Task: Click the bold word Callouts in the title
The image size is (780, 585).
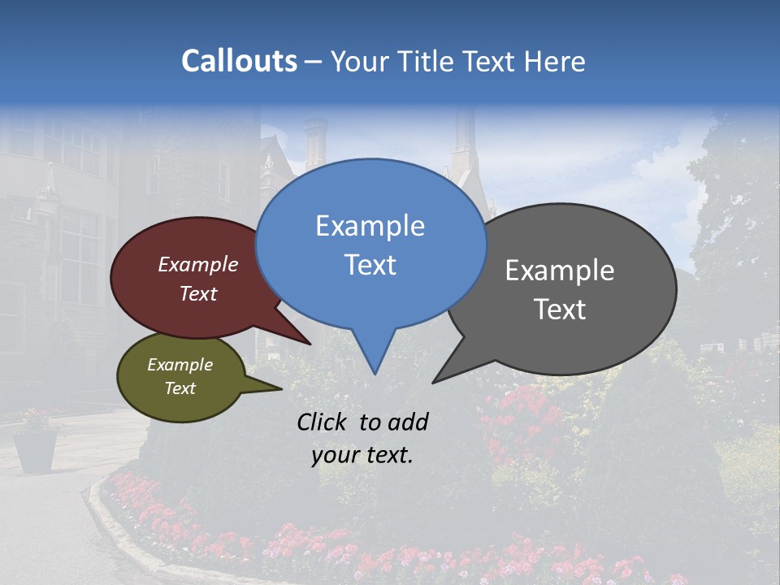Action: (x=239, y=61)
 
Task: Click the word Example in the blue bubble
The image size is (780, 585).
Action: (x=370, y=226)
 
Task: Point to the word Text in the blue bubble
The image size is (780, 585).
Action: (x=370, y=264)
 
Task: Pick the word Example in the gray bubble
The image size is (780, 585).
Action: (x=560, y=271)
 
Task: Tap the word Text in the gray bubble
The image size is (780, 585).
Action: (x=560, y=309)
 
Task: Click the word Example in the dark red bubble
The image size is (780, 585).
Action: (x=198, y=264)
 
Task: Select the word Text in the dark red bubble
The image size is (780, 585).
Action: (x=198, y=293)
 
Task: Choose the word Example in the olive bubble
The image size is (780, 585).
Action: (x=180, y=365)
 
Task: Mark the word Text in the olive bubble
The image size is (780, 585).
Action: (x=180, y=388)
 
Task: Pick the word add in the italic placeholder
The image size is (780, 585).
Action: (x=407, y=422)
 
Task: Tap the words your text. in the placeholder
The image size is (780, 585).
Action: (x=362, y=455)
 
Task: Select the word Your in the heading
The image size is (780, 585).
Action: (x=360, y=61)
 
